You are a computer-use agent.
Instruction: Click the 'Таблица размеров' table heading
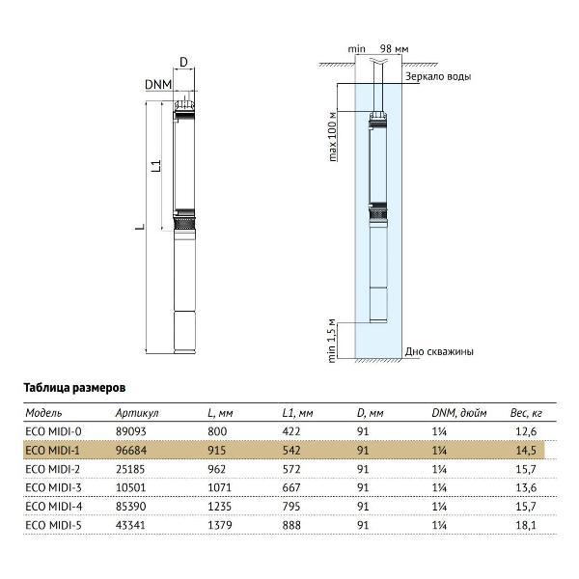pos(75,386)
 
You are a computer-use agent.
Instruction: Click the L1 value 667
pos(292,487)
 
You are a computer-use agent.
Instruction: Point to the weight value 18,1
pos(525,524)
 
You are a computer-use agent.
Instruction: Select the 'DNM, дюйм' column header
pos(453,413)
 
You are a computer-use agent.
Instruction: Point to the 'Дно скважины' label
pos(440,351)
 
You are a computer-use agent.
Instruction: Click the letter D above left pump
pos(183,62)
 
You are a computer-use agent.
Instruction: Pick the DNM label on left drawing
pos(158,85)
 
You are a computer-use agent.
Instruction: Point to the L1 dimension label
pos(155,165)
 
